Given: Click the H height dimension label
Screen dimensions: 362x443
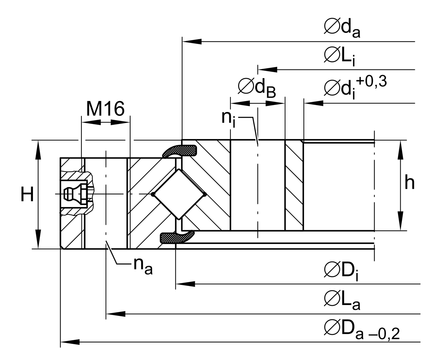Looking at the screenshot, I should [27, 195].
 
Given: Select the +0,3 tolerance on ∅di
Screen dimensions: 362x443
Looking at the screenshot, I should [371, 82].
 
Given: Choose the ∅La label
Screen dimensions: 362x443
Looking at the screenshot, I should [342, 300].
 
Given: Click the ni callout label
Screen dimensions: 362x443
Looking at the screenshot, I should [228, 118].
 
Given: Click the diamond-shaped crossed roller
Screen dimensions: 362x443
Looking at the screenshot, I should [179, 194].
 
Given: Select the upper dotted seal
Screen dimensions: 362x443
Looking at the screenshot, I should [180, 151].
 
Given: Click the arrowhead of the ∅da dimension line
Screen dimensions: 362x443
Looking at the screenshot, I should [192, 41].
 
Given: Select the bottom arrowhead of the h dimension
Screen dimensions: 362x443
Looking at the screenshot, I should [400, 221].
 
